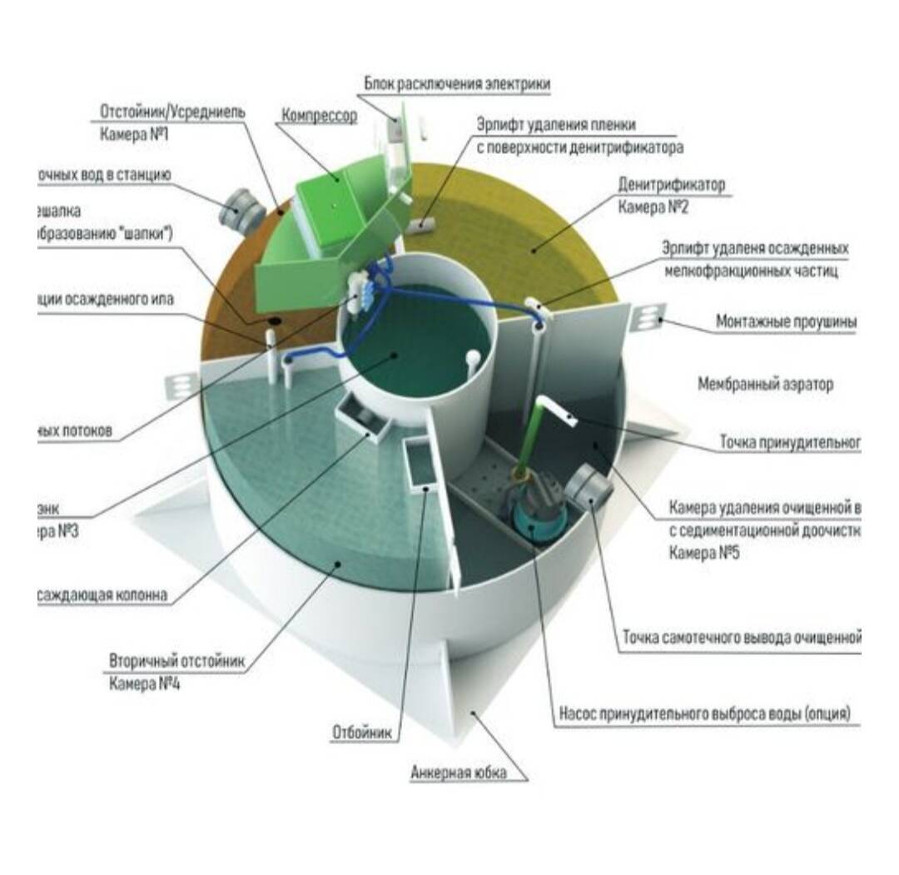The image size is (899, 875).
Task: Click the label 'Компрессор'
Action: tap(319, 116)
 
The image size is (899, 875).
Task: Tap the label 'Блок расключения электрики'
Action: tap(457, 85)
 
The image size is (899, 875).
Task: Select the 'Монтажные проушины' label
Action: tap(786, 321)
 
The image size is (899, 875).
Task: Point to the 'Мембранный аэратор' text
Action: tap(765, 384)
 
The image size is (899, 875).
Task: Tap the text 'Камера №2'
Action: tap(653, 207)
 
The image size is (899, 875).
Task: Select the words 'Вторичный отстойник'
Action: tap(177, 661)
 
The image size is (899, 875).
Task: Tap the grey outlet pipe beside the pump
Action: tap(587, 483)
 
